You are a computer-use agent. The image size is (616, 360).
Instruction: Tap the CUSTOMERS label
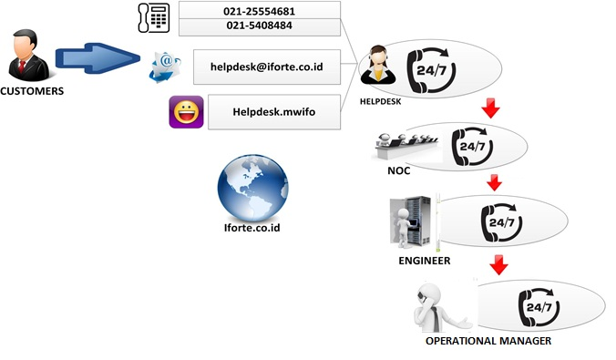tap(31, 92)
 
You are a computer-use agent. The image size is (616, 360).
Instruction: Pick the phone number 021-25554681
tap(259, 11)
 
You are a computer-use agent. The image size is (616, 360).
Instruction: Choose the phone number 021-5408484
tap(259, 26)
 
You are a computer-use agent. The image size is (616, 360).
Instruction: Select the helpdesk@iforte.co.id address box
tap(266, 67)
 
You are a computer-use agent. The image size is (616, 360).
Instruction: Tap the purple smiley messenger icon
tap(185, 113)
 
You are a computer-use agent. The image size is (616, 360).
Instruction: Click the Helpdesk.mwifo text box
tap(273, 113)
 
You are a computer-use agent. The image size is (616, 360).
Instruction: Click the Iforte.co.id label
tap(252, 228)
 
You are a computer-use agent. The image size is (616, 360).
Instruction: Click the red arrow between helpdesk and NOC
tap(492, 109)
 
